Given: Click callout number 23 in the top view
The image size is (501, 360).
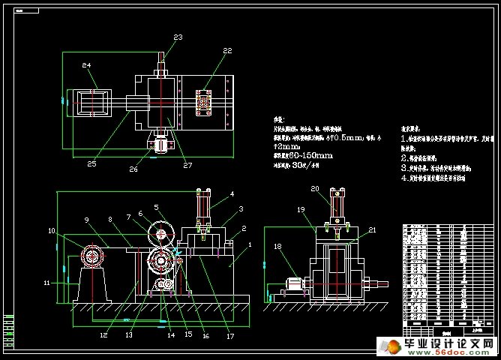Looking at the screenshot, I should [178, 37].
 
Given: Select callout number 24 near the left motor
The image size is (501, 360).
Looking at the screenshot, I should [86, 66].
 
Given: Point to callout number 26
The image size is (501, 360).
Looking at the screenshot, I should [133, 169].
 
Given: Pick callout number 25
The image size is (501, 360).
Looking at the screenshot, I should [91, 163].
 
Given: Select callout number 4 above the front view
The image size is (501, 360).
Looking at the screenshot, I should [232, 193].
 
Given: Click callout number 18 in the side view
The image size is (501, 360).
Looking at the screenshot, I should [277, 245].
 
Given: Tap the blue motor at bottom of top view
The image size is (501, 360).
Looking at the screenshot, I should [160, 145].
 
